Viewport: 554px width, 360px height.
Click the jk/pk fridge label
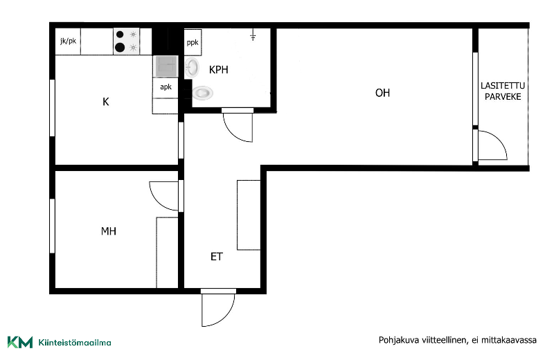tap(68, 41)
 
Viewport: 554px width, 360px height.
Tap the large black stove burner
tap(120, 47)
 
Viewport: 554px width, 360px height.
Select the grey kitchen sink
tap(166, 66)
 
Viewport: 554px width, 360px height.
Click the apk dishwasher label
tap(166, 87)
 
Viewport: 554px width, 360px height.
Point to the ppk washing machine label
tap(193, 43)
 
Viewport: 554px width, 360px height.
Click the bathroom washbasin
tap(192, 67)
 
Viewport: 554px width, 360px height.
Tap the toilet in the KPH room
tap(202, 93)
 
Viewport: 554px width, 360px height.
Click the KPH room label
tap(218, 70)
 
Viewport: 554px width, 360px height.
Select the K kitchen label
tap(106, 102)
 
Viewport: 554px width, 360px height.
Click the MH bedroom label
tap(109, 231)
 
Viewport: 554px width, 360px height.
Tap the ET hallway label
tap(217, 256)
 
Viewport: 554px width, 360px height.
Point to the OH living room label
tap(382, 93)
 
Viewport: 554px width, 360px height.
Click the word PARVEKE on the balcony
tap(503, 97)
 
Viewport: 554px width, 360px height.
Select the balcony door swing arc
tap(499, 138)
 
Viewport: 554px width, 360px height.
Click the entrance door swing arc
tap(227, 316)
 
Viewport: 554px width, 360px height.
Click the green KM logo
tap(20, 342)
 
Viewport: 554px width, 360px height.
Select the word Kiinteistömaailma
tap(75, 342)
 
